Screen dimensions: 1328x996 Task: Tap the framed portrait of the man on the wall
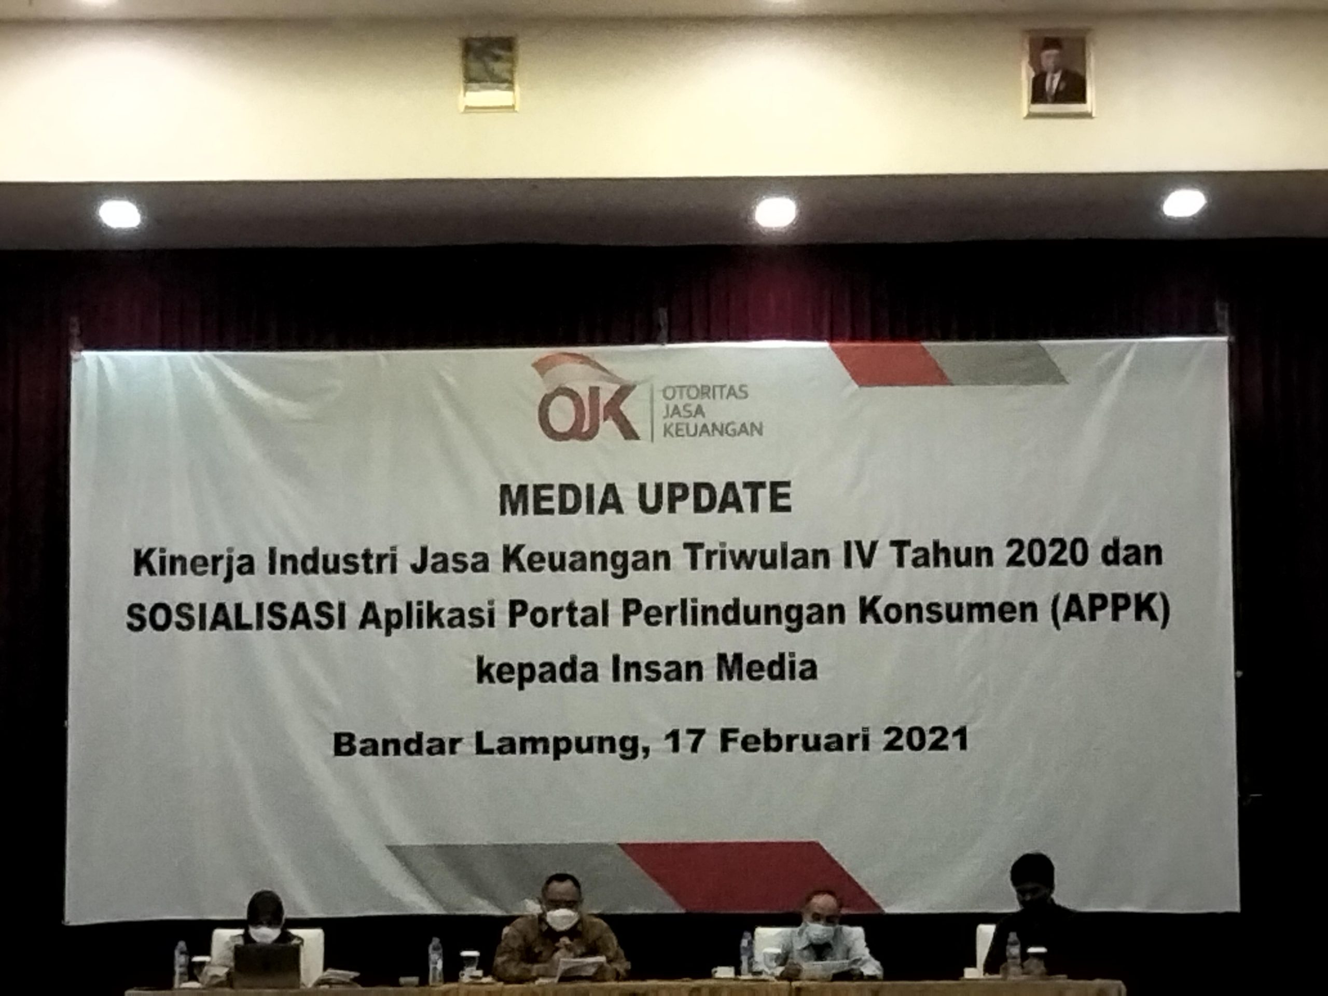point(1058,73)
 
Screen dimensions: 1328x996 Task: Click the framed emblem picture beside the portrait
point(489,74)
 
